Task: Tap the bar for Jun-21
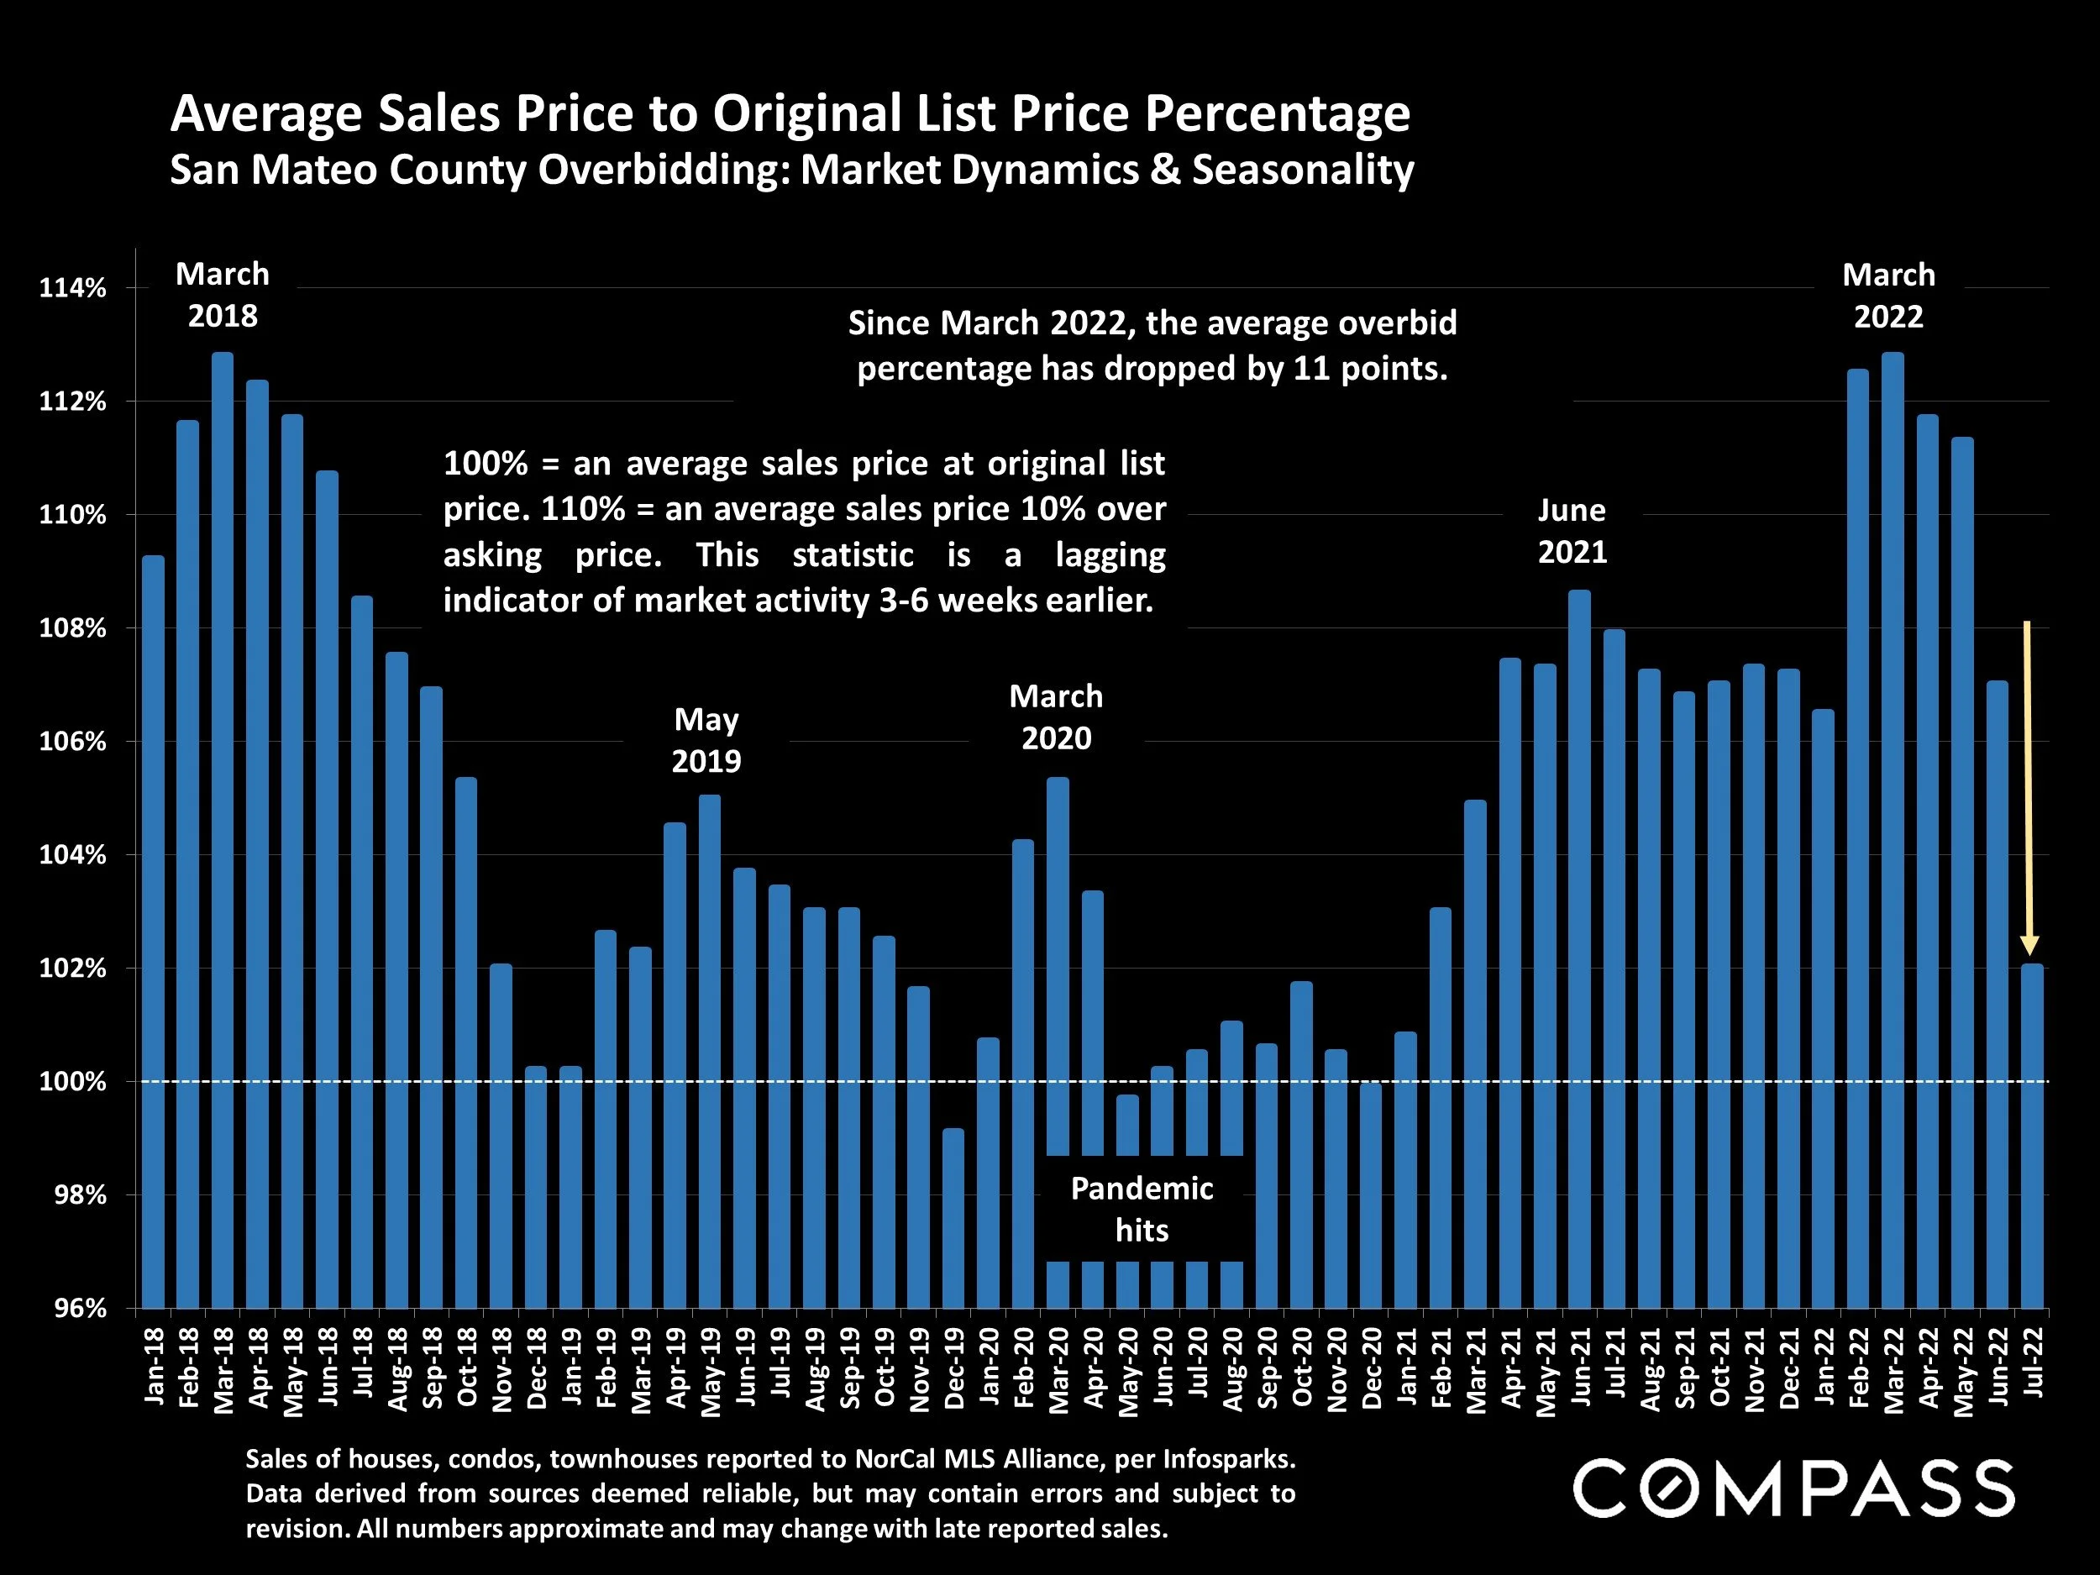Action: (x=1579, y=949)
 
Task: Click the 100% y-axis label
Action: (x=72, y=1082)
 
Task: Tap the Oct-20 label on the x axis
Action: (x=1302, y=1367)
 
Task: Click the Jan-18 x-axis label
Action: (x=154, y=1367)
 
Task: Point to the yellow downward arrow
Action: (x=2028, y=788)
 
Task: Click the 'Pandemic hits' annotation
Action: (x=1142, y=1210)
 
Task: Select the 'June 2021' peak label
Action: (x=1572, y=531)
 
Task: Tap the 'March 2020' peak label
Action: (x=1056, y=717)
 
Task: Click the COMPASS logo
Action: (x=1793, y=1488)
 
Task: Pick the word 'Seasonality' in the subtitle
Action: (x=1303, y=170)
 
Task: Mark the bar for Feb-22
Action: (x=1858, y=839)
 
